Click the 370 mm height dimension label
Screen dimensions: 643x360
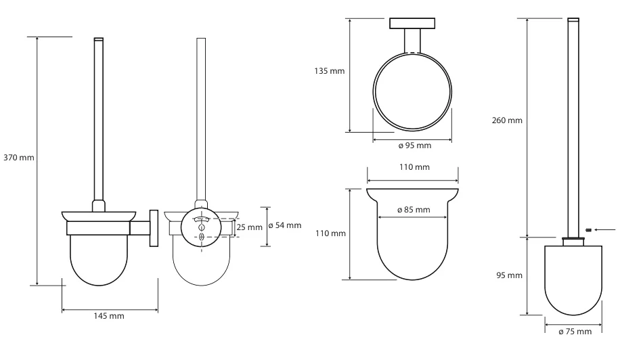coord(19,158)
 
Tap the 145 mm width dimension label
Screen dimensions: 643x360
coord(109,316)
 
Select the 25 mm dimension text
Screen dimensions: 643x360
coord(249,227)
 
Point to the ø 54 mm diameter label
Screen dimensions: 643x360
coord(285,225)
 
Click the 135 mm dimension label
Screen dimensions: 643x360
coord(330,71)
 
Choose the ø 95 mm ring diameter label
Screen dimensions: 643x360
coord(415,145)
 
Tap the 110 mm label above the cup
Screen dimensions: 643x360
coord(415,167)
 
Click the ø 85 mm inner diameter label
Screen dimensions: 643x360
coord(414,210)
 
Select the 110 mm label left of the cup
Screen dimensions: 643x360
coord(330,233)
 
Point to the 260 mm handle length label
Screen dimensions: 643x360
coord(507,120)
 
